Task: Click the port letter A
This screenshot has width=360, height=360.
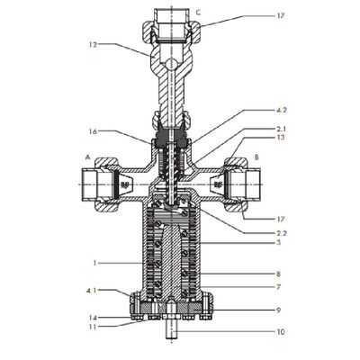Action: (87, 157)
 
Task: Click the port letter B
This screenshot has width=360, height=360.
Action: (256, 157)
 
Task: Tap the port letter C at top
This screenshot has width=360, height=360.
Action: (198, 13)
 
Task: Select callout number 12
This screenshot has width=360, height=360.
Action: (94, 45)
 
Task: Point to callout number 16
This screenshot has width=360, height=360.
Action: (94, 131)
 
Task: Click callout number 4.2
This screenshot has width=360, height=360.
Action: (281, 110)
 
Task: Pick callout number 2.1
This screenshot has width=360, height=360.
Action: (281, 129)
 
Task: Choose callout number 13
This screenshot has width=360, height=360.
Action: (281, 138)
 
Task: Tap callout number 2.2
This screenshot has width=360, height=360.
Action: (281, 233)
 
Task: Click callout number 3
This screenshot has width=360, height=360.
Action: (279, 242)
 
